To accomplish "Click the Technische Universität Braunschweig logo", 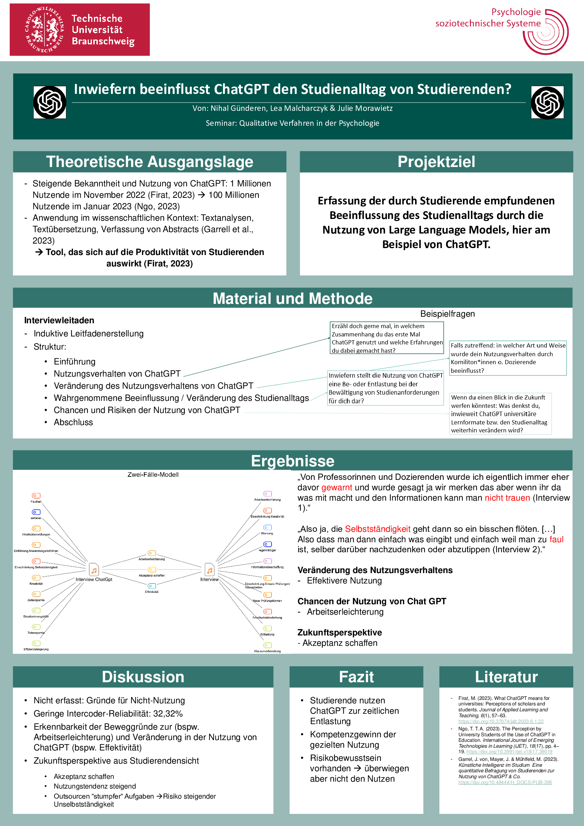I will click(x=79, y=29).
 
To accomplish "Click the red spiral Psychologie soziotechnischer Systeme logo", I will click(x=546, y=32).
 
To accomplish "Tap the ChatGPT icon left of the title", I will click(x=50, y=103).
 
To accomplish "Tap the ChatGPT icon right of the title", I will click(x=547, y=103).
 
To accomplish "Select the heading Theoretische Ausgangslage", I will click(x=149, y=162).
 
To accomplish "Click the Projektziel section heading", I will click(x=436, y=162).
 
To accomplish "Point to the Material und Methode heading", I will click(x=292, y=299).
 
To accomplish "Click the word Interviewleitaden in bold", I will click(x=59, y=320).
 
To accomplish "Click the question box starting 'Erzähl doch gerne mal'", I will click(x=387, y=338).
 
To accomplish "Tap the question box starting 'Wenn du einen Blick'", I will click(x=500, y=414).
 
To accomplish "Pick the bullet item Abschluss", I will click(x=74, y=422).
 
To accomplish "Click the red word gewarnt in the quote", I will click(x=337, y=487).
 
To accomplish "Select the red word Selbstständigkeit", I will click(x=377, y=529).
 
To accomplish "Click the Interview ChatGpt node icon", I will click(x=94, y=570).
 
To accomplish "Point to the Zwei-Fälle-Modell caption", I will click(x=153, y=475).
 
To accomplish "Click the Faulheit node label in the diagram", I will click(x=36, y=501).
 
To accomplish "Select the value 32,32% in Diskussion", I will click(x=168, y=713).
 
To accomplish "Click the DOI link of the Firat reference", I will click(x=501, y=721).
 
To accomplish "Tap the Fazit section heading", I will click(x=356, y=677).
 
